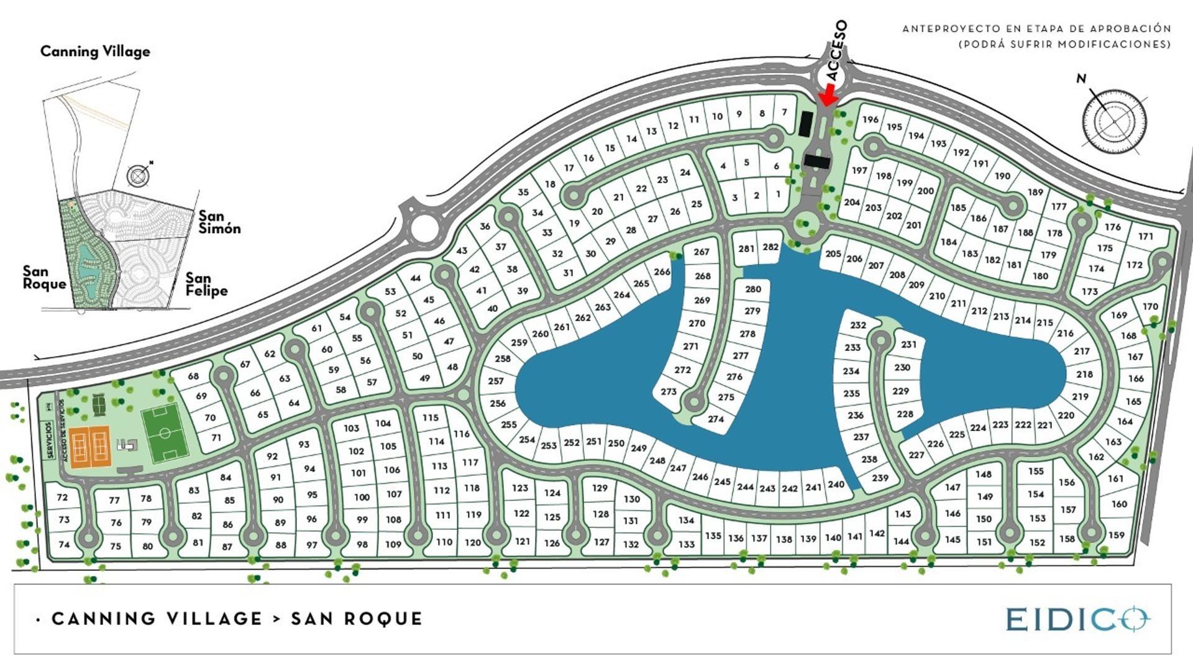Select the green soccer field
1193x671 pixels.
tap(165, 432)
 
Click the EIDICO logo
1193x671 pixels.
tap(1078, 619)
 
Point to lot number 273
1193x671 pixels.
tap(669, 391)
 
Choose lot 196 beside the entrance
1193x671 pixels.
tap(871, 120)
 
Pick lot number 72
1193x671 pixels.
tap(62, 498)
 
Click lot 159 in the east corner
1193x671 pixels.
tap(1116, 535)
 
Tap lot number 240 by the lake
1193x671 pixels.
tap(836, 485)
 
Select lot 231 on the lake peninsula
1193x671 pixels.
tap(908, 345)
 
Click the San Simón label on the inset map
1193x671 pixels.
tap(219, 222)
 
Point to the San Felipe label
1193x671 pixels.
tap(206, 285)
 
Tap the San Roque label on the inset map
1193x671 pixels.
tap(44, 278)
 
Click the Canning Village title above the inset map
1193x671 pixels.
tap(95, 52)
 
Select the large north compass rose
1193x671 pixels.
tap(1114, 121)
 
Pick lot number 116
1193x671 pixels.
tap(461, 434)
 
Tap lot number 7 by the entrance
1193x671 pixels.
tap(785, 112)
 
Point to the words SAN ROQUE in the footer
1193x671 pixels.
tap(357, 619)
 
